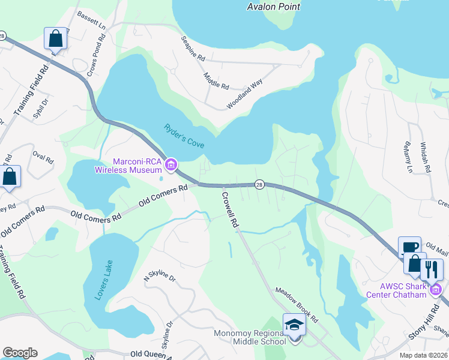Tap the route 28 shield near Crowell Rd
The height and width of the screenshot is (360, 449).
coord(259,184)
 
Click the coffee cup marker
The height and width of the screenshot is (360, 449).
coord(409,246)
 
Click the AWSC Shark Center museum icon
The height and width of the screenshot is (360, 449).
coord(436,290)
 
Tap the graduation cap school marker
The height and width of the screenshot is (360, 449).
coord(294,325)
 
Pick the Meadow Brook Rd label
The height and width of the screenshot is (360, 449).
coord(298,303)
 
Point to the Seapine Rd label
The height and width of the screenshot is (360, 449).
coord(193,48)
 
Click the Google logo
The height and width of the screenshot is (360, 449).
coord(20,353)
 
